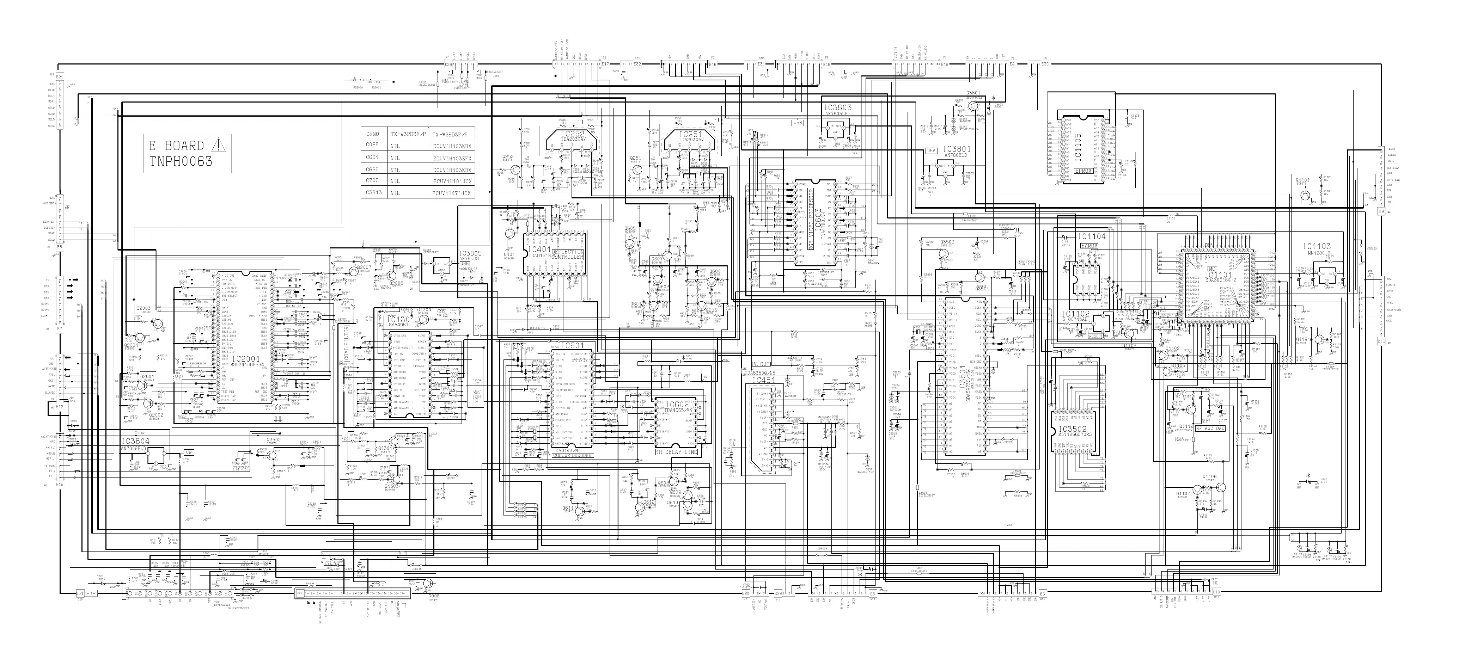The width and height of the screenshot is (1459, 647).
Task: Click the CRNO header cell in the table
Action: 373,135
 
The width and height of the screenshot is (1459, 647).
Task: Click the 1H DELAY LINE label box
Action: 676,452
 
